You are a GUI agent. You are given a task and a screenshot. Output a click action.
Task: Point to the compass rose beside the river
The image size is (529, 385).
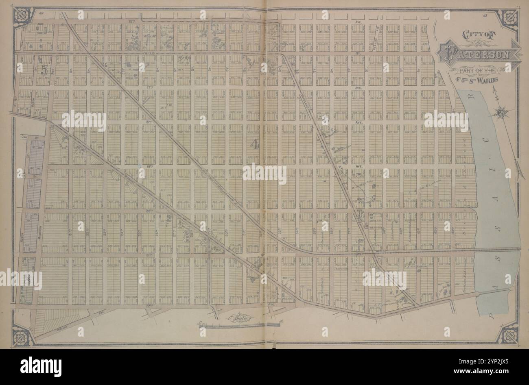pyautogui.click(x=501, y=112)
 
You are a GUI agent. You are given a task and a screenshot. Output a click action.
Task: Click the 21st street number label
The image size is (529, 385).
pyautogui.click(x=70, y=233)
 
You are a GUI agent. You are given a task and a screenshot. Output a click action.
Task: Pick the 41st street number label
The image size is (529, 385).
pyautogui.click(x=418, y=233)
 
